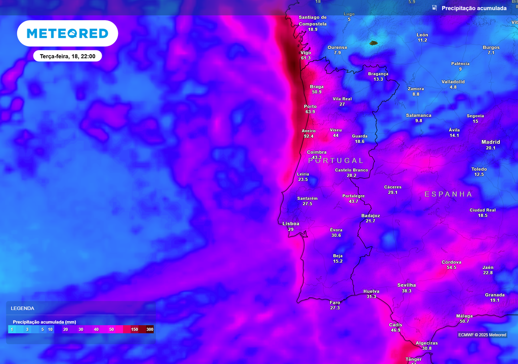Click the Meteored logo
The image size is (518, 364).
(67, 33)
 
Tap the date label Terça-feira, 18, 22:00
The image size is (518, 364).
(67, 56)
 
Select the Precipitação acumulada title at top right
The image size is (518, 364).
(473, 8)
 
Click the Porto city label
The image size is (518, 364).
(310, 107)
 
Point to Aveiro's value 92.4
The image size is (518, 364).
(309, 136)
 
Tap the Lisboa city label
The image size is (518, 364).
(291, 223)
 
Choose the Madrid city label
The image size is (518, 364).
(491, 142)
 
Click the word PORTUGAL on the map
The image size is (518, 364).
(336, 160)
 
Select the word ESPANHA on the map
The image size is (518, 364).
(448, 194)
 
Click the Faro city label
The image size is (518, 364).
(335, 302)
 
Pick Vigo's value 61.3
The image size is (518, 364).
(306, 58)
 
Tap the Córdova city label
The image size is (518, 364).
(451, 262)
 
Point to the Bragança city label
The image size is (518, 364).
(378, 74)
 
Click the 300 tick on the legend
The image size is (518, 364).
(150, 329)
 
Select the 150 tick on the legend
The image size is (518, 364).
(135, 329)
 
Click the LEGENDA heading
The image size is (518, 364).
(23, 308)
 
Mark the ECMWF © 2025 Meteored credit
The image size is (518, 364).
(482, 335)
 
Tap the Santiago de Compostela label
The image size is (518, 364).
(313, 20)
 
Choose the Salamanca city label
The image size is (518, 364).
(419, 115)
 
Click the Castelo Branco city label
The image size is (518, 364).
(352, 170)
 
